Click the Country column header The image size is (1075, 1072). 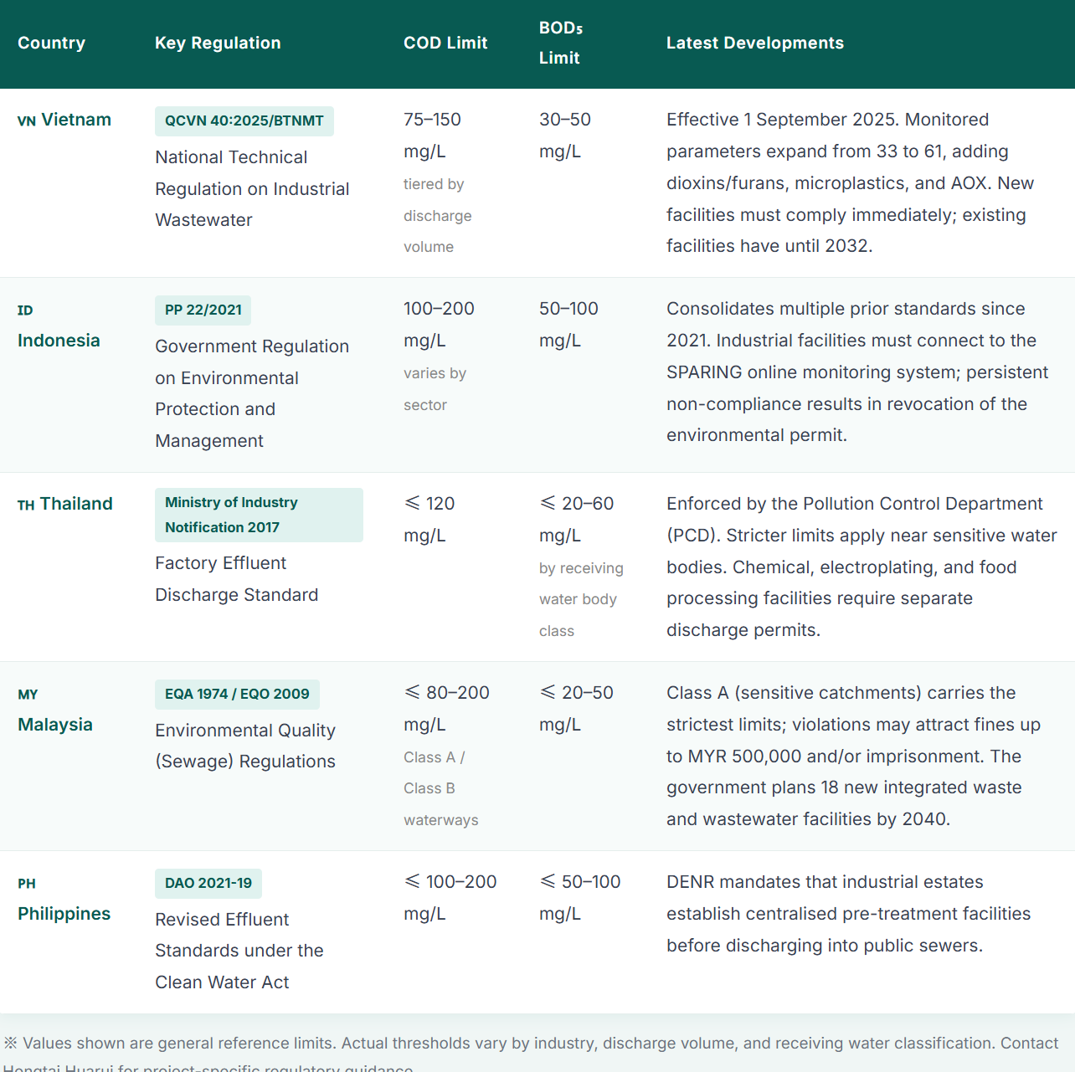coord(51,43)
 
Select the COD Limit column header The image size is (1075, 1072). coord(445,43)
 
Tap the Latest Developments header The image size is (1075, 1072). coord(754,43)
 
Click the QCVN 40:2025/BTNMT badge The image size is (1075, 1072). coord(244,121)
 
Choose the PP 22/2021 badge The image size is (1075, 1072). coord(203,310)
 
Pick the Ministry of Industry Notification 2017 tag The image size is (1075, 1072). coord(259,515)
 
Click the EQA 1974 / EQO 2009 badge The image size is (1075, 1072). coord(237,694)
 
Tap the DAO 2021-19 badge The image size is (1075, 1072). coord(208,883)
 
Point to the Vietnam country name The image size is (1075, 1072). coord(76,120)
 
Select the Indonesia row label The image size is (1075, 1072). coord(59,341)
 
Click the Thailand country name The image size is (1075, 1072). coord(76,504)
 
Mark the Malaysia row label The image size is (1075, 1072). coord(55,725)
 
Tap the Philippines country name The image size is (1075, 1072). coord(64,914)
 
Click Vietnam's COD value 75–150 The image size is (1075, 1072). coord(432,120)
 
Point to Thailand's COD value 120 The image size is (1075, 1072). coord(440,504)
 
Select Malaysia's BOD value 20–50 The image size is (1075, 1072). coord(587,693)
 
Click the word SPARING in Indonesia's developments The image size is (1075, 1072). coord(704,372)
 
